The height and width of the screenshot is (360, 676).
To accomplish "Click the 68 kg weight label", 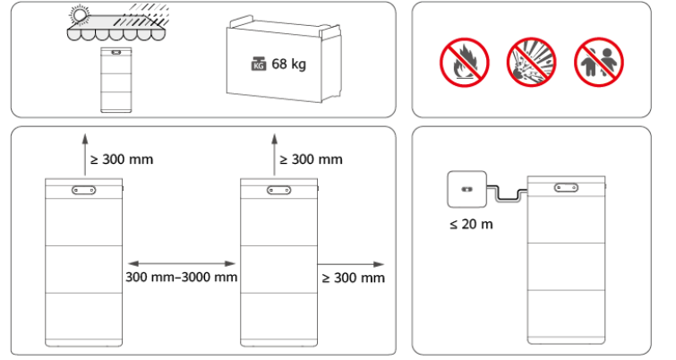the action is coord(289,64).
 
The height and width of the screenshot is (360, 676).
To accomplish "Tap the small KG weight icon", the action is coord(258,64).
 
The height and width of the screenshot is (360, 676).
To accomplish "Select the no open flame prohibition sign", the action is coord(465,63).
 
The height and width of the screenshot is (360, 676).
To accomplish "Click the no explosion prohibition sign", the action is coord(531,63).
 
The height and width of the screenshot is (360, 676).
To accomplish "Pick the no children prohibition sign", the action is coord(599,63).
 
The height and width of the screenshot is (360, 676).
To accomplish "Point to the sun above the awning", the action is coord(80,16).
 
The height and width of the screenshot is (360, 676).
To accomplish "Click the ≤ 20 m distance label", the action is coord(471,224).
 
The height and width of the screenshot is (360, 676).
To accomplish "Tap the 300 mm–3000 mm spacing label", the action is coord(182,277).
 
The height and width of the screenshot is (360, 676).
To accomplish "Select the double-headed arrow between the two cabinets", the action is coord(182,263).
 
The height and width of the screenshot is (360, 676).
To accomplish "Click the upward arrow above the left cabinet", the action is coord(85,154).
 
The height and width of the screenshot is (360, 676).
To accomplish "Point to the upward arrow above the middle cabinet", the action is coord(274,154).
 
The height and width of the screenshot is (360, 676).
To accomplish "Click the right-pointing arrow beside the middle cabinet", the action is coord(351,264).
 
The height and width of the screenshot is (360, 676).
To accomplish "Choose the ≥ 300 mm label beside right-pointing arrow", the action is coord(354,279).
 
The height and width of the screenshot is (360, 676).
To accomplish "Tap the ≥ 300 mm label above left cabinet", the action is coord(122,159).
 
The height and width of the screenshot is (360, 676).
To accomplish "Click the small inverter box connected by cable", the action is coord(466,189).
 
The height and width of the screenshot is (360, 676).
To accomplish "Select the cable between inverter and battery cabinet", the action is coord(507,193).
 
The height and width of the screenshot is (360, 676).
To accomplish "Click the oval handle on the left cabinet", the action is coord(83,190).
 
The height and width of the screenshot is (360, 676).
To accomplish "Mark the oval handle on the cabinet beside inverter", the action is coord(566,187).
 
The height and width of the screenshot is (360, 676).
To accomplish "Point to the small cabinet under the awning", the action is coord(116,80).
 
